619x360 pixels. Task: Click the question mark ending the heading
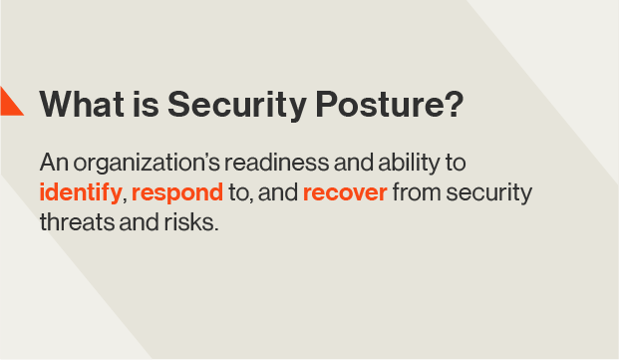[455, 105]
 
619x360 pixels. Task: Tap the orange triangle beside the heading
[9, 102]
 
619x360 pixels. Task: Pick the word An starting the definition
[53, 162]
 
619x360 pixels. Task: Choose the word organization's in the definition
[139, 163]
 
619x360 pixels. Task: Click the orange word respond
[176, 191]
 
